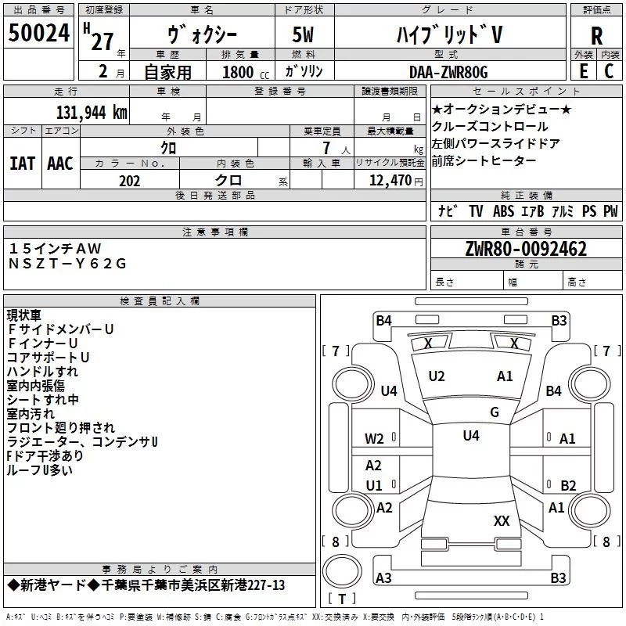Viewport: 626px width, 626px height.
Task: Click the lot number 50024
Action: [40, 34]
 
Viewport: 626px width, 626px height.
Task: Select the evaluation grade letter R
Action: [596, 36]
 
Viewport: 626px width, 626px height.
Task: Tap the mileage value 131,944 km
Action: [92, 112]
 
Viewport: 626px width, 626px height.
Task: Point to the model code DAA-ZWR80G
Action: [448, 72]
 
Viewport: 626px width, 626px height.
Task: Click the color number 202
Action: [130, 181]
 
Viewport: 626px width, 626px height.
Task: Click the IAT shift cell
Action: [22, 163]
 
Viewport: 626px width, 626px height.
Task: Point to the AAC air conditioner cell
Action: [60, 163]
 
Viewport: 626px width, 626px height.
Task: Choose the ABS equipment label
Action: [503, 211]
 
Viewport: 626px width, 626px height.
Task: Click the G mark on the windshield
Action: [494, 412]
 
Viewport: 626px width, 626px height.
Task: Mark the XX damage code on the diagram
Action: [502, 520]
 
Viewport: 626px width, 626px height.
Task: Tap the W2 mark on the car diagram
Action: [374, 439]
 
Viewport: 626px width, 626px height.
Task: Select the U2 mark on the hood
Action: [437, 376]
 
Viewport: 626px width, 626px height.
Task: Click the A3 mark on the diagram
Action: [383, 578]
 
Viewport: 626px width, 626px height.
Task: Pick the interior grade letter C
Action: [609, 72]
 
